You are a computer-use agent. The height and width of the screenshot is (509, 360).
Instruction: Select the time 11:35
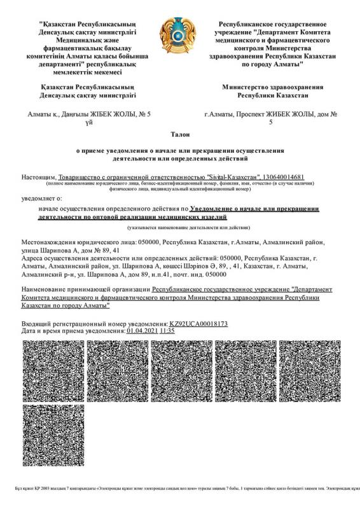click(x=167, y=331)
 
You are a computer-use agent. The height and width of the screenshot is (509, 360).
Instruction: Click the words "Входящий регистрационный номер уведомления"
click(x=95, y=324)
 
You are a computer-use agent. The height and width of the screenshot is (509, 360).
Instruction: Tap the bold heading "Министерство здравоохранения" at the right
click(x=273, y=87)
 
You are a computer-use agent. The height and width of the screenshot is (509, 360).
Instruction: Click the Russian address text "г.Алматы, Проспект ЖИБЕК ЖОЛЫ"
click(x=268, y=114)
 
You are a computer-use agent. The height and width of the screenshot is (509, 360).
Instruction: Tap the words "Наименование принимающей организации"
click(x=92, y=290)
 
